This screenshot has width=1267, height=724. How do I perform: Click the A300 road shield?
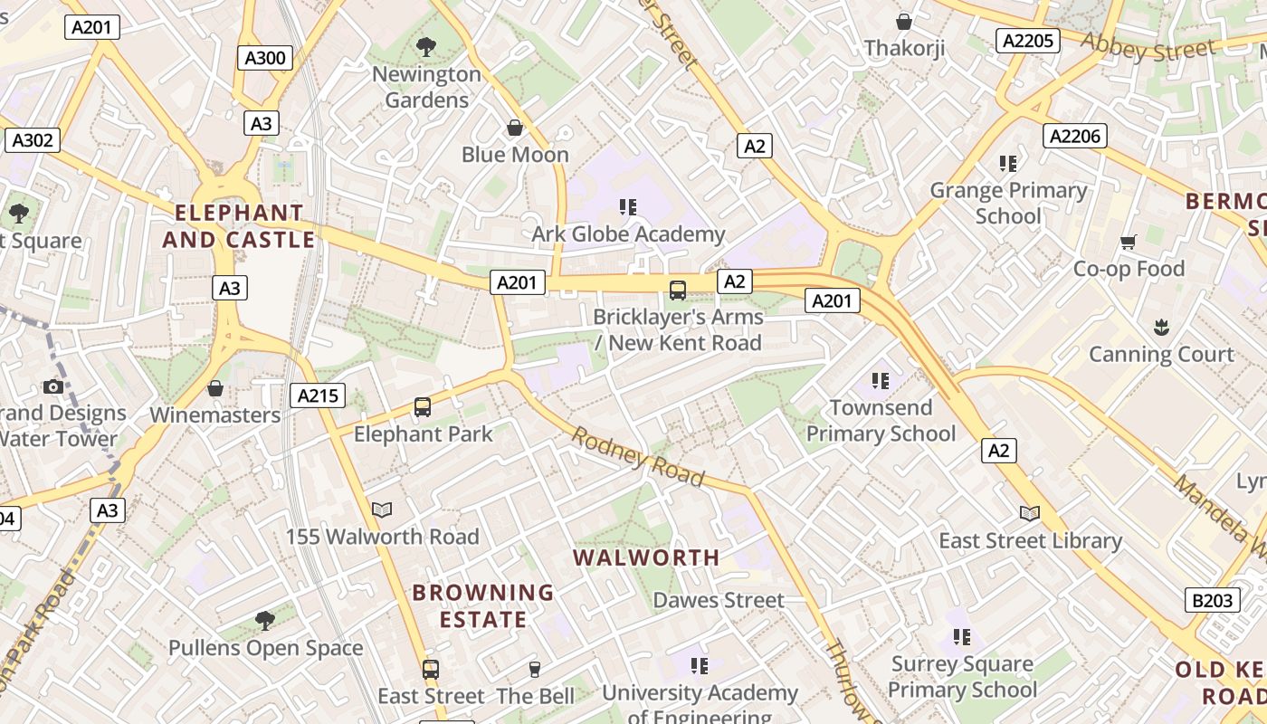tap(265, 58)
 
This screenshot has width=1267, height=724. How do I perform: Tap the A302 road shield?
tap(33, 140)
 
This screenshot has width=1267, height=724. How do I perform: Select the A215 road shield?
tap(318, 395)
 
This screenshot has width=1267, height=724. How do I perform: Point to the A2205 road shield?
tap(1027, 40)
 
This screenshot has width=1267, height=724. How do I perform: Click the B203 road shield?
tap(1212, 599)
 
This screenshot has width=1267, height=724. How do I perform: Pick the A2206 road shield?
tap(1075, 136)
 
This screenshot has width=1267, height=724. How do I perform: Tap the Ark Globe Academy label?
tap(628, 234)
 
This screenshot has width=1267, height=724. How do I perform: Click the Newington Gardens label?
tap(426, 87)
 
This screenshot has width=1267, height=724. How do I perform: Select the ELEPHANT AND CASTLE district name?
tap(239, 226)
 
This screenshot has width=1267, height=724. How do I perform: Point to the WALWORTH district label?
tap(647, 557)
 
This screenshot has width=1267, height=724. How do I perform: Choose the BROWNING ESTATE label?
tap(482, 606)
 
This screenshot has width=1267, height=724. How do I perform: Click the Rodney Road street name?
tap(637, 457)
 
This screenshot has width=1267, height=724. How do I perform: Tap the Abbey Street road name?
tap(1147, 47)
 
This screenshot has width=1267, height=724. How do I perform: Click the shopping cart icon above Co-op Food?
tap(1128, 242)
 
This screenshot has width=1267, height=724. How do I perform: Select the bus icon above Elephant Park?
tap(423, 407)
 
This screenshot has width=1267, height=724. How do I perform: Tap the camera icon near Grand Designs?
tap(53, 387)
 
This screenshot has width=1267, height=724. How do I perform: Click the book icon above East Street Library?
tap(1029, 513)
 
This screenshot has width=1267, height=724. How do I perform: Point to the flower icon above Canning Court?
tap(1161, 327)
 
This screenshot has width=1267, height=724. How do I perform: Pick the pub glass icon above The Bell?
tap(535, 670)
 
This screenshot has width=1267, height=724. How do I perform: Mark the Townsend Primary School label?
tap(881, 421)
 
